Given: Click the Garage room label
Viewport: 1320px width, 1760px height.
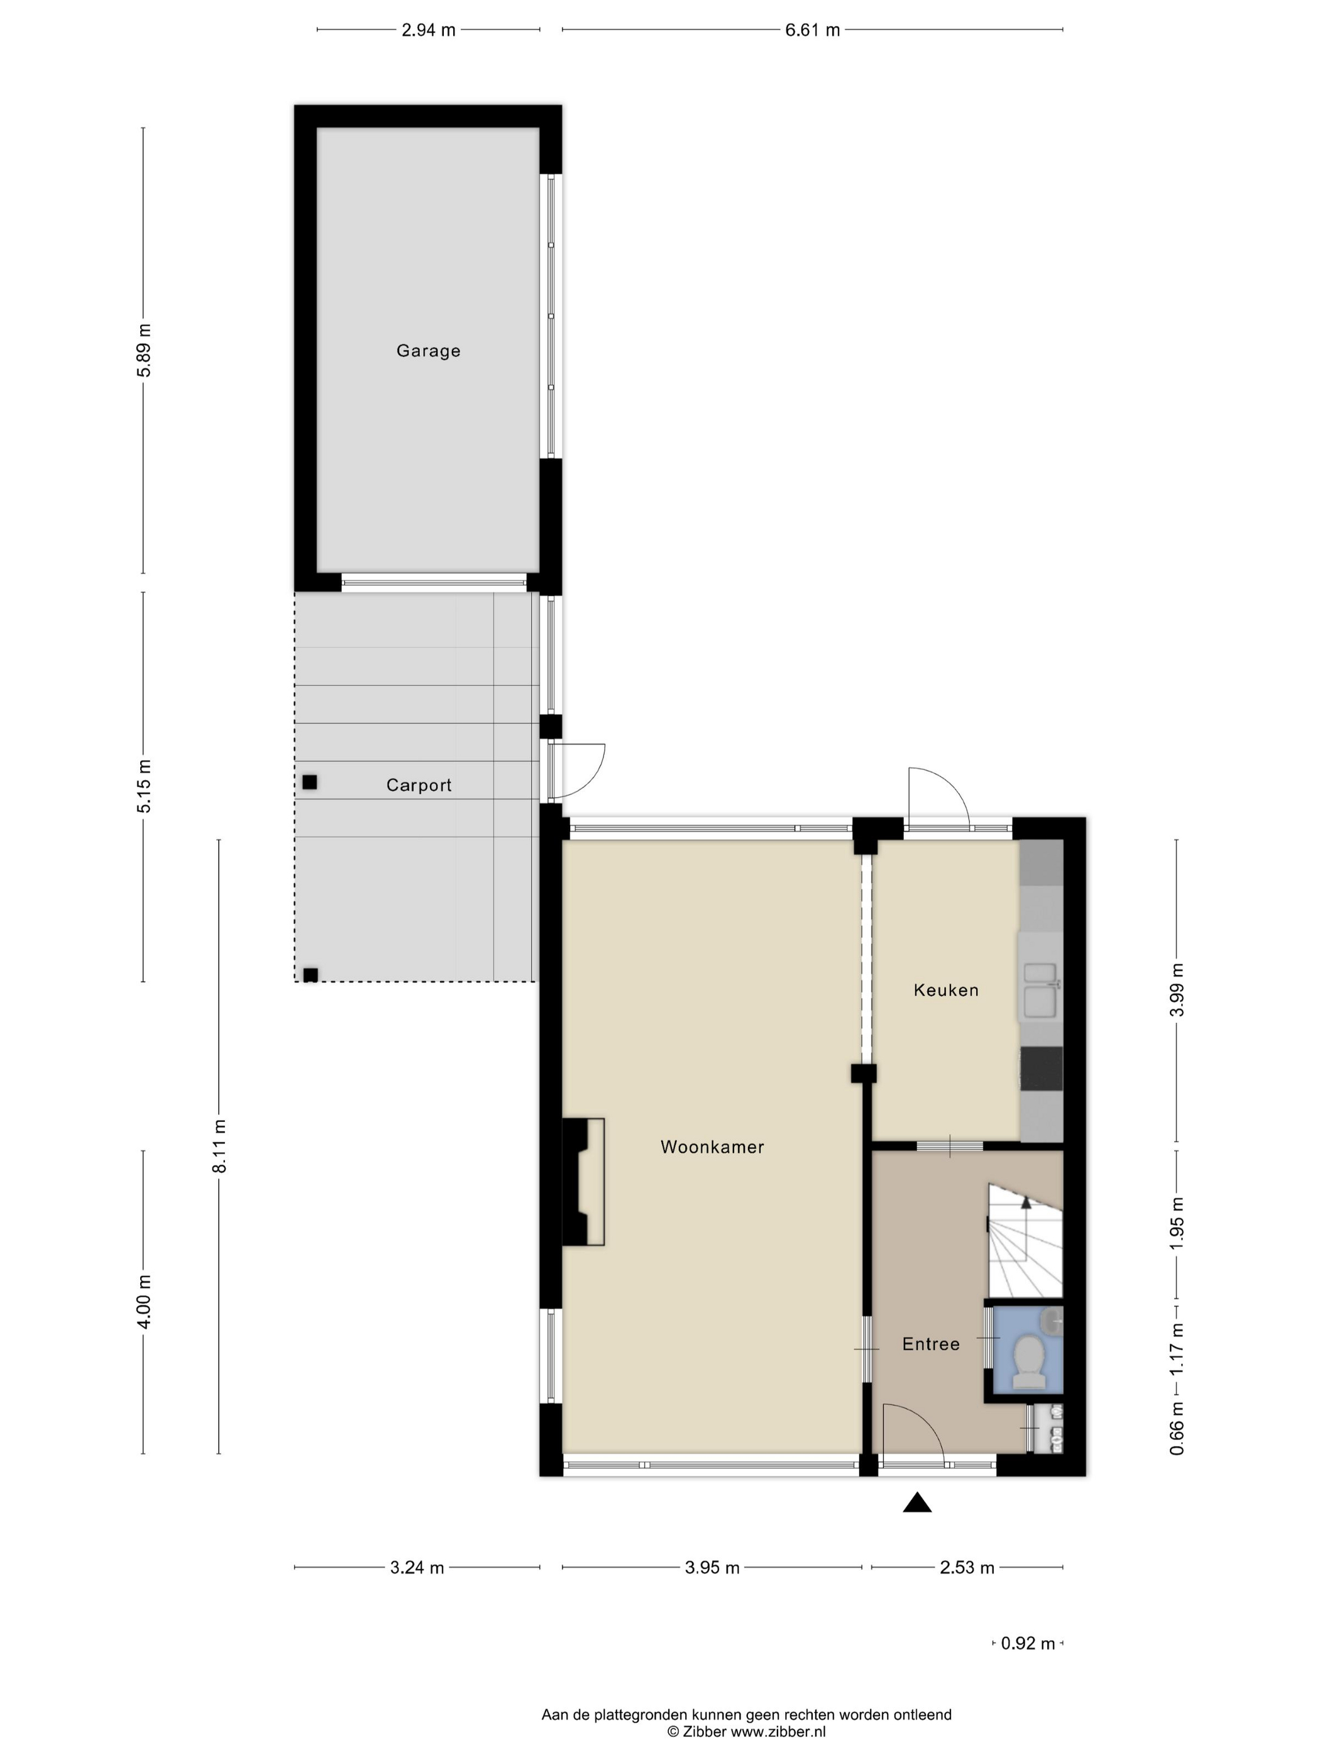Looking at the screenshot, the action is pos(428,350).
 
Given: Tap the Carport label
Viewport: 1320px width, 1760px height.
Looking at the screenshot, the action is pos(419,784).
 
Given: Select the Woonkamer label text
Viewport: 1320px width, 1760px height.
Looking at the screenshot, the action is pos(712,1147).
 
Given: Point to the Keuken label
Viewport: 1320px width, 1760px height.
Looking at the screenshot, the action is pos(946,990).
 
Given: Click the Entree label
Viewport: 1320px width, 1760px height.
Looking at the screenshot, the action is pos(931,1344).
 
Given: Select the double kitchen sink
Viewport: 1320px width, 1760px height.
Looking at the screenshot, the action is pos(1040,990).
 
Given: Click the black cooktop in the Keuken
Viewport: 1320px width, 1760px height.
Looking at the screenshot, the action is pos(1042,1069).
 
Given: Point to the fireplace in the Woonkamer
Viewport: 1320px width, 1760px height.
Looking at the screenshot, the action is pos(583,1182).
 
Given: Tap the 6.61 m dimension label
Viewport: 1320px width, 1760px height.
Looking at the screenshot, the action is pos(812,30).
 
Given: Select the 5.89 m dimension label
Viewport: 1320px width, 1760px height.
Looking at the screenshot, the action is pos(143,350).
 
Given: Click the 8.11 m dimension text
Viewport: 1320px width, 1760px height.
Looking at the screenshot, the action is pos(219,1145).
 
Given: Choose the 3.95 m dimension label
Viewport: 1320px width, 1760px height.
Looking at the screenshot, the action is pos(712,1568).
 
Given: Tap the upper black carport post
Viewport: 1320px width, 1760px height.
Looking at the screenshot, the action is pos(309,782).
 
